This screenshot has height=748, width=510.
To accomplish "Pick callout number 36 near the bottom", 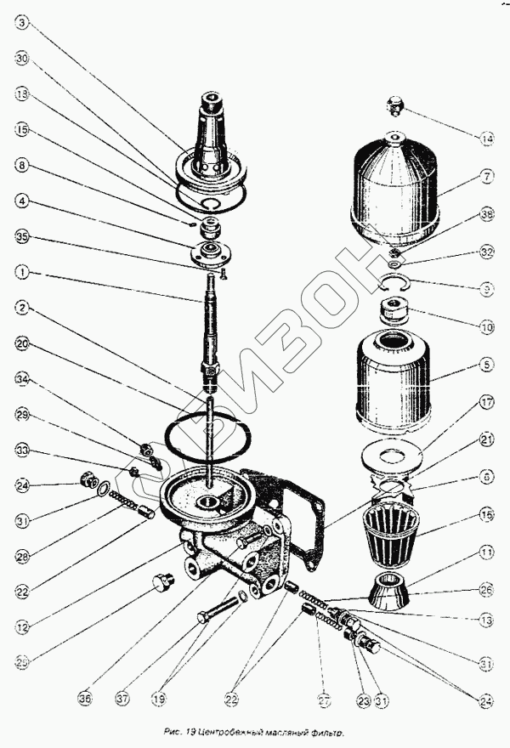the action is point(84,699).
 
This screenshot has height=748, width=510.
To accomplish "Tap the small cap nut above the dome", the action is point(394,105).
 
